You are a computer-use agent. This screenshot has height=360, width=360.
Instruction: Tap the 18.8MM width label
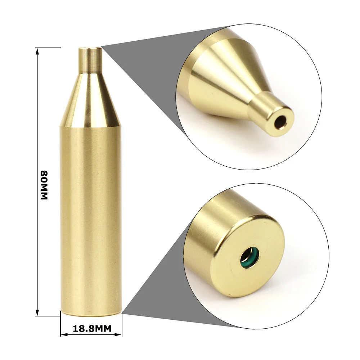91,328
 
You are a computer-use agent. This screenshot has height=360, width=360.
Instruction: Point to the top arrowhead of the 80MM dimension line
37,50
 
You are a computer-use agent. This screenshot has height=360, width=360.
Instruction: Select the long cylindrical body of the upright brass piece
91,216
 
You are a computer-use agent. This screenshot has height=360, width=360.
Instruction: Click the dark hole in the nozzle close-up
279,123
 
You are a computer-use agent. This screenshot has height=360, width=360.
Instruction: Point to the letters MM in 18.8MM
102,328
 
